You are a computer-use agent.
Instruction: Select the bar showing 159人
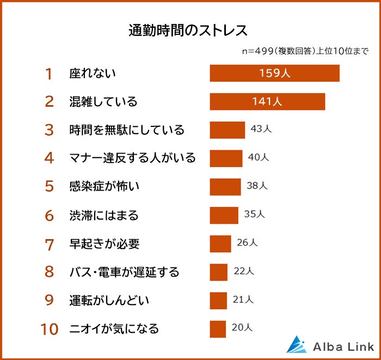(x=274, y=73)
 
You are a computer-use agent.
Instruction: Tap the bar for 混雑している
(x=267, y=102)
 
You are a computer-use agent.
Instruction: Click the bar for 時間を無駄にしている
(x=228, y=130)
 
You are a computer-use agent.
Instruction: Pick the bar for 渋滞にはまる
(x=224, y=215)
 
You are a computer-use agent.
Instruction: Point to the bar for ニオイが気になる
(x=218, y=328)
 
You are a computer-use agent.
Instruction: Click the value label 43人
(x=261, y=130)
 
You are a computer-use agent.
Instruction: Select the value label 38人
(x=257, y=186)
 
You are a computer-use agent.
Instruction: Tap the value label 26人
(x=247, y=243)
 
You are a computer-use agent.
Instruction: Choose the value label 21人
(x=243, y=300)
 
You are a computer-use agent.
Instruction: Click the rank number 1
(x=49, y=74)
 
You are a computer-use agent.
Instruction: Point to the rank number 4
(x=49, y=158)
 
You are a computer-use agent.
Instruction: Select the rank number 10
(x=49, y=329)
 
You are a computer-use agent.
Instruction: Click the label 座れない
(x=93, y=74)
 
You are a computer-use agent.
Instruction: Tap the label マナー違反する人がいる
(x=132, y=158)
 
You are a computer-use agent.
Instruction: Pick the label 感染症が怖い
(x=105, y=187)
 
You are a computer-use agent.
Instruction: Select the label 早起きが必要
(x=105, y=243)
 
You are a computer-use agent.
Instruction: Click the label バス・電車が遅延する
(x=124, y=272)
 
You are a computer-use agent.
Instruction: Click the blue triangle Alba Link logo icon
(x=297, y=345)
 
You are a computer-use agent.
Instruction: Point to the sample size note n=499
(x=262, y=52)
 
